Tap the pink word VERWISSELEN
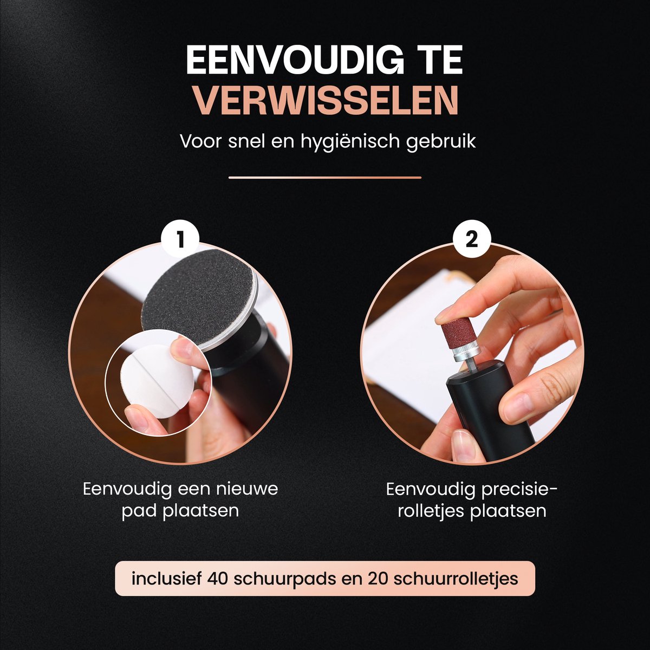[x=327, y=101]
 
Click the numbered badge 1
[x=180, y=240]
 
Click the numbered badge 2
[x=472, y=240]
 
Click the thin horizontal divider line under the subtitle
[x=325, y=178]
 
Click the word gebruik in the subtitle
[x=440, y=142]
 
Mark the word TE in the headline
[x=440, y=60]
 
